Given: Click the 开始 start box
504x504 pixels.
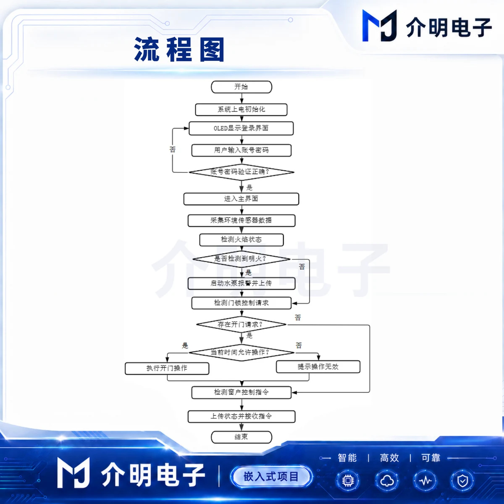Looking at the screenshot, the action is pyautogui.click(x=241, y=87).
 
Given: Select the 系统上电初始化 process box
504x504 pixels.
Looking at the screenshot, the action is pyautogui.click(x=241, y=110).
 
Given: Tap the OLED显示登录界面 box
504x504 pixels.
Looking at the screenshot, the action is pyautogui.click(x=241, y=128).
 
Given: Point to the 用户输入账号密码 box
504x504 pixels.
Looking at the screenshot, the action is pyautogui.click(x=241, y=150).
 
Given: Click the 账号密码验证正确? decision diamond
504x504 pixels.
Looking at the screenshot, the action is pyautogui.click(x=241, y=172).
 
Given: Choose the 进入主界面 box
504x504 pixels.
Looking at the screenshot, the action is pyautogui.click(x=241, y=199).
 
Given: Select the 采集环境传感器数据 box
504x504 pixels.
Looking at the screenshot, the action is pyautogui.click(x=241, y=220).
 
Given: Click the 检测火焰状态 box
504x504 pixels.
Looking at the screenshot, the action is pyautogui.click(x=241, y=240).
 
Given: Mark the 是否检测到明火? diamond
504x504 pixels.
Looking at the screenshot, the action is pyautogui.click(x=241, y=259).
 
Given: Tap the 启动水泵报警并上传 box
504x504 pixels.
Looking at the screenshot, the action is pyautogui.click(x=241, y=283).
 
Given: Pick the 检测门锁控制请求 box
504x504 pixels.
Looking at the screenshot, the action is pyautogui.click(x=241, y=303).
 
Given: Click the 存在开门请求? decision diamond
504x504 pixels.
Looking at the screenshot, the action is pyautogui.click(x=241, y=325).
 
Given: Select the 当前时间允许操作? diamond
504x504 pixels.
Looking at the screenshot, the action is pyautogui.click(x=241, y=352).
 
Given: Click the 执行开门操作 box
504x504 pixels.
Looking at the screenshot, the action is pyautogui.click(x=167, y=368).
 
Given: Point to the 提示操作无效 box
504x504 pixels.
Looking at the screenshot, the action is pyautogui.click(x=318, y=367).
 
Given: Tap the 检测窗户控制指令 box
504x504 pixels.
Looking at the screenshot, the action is pyautogui.click(x=241, y=392).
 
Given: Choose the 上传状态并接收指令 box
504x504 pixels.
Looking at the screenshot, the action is pyautogui.click(x=241, y=416).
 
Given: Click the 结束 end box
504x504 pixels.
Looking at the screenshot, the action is pyautogui.click(x=241, y=437).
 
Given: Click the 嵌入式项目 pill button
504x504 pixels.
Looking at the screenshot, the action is pyautogui.click(x=271, y=477).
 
